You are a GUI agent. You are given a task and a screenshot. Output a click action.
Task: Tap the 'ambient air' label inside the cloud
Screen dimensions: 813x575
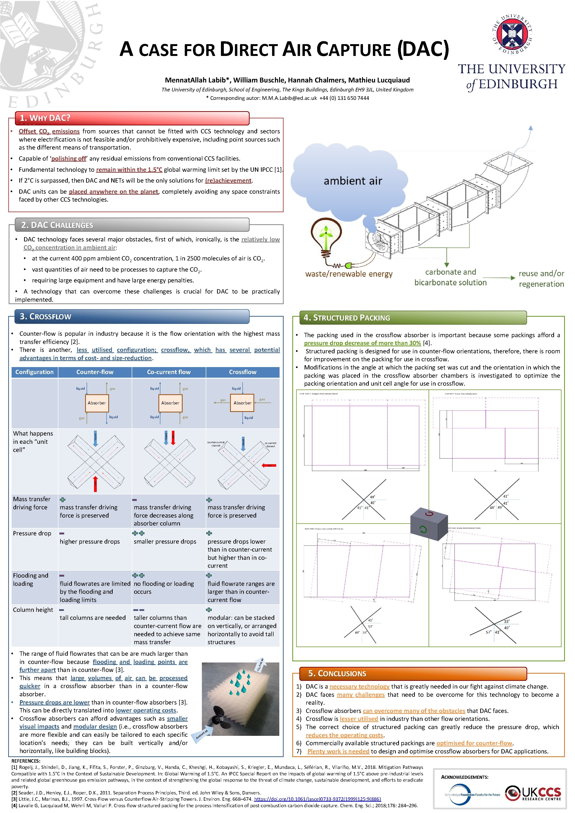click(353, 181)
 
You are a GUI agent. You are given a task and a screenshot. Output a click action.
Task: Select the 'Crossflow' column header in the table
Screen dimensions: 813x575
click(243, 372)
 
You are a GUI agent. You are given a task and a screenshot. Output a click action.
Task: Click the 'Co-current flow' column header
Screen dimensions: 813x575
click(169, 372)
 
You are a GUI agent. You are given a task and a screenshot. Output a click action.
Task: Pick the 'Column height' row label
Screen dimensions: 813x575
click(33, 610)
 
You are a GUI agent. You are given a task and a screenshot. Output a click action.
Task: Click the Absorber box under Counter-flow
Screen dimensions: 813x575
click(97, 403)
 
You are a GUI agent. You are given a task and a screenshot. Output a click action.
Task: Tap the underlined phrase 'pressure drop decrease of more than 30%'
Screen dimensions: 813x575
click(362, 343)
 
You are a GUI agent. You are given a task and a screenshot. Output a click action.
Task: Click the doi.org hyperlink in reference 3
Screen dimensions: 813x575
click(317, 799)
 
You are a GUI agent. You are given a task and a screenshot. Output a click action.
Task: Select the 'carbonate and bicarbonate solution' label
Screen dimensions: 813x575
click(450, 277)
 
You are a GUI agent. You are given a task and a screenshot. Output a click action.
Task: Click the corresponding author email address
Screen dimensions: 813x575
click(289, 98)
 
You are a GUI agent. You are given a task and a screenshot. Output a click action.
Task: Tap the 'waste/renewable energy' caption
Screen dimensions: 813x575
click(349, 274)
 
